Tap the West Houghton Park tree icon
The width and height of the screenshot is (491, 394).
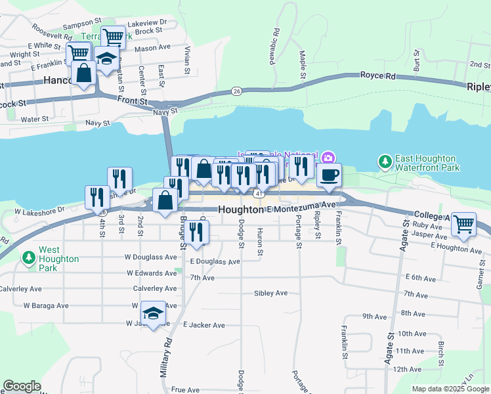click(28, 257)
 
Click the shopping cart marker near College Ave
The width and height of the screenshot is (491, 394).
click(463, 225)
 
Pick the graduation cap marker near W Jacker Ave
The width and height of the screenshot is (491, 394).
click(153, 313)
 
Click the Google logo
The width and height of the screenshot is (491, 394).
click(22, 386)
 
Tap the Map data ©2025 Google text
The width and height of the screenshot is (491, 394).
click(450, 389)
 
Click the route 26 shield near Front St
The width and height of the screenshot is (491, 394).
click(236, 91)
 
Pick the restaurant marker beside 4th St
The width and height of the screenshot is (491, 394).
click(97, 198)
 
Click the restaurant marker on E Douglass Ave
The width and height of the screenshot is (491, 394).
click(196, 232)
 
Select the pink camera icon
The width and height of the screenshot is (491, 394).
click(328, 157)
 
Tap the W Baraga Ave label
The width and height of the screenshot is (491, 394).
click(46, 305)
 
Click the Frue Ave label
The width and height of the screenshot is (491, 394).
click(185, 389)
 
